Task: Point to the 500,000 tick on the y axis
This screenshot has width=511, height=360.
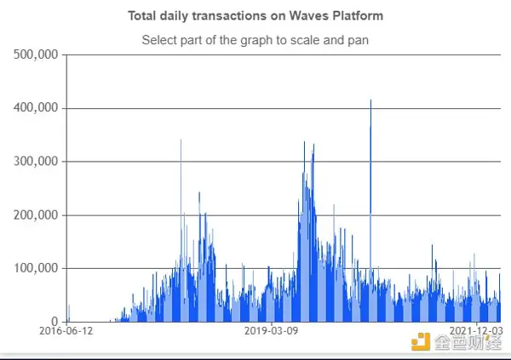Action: click(37, 55)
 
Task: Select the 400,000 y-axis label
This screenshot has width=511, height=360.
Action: click(37, 108)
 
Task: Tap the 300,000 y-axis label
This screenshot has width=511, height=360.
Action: click(37, 162)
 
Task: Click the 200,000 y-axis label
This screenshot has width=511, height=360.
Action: click(37, 215)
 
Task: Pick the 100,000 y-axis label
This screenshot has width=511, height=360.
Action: click(37, 269)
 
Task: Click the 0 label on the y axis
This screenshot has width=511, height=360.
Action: click(53, 322)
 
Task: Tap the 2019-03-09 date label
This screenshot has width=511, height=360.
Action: click(270, 330)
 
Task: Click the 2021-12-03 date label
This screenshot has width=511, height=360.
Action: click(475, 330)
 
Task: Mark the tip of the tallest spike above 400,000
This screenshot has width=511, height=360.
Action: click(370, 100)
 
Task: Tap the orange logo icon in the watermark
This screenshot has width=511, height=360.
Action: click(421, 343)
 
